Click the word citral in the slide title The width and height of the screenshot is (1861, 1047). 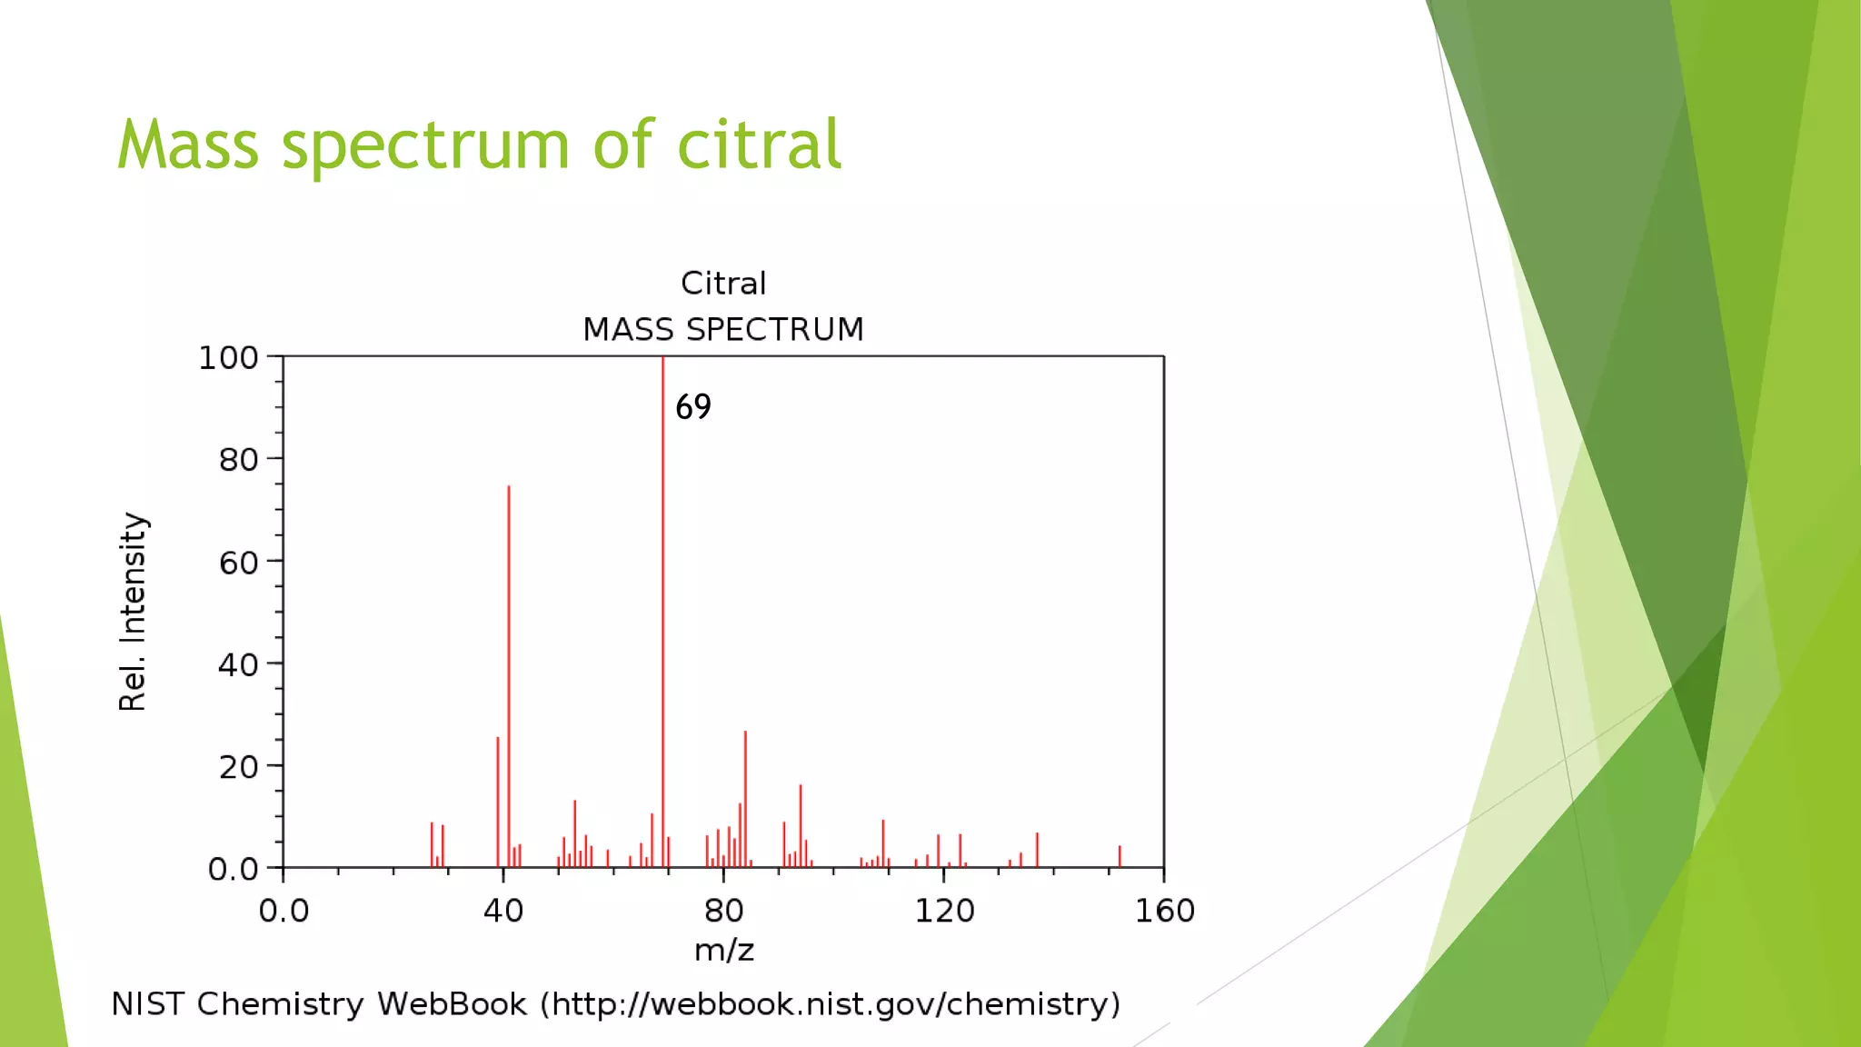pos(760,145)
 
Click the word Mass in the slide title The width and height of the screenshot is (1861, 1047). pos(188,145)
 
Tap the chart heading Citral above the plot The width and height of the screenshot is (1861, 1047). pos(723,284)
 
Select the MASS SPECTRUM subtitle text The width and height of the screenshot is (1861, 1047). pos(723,329)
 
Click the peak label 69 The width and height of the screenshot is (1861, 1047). pos(693,407)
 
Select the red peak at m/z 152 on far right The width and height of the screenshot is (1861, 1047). pos(1120,856)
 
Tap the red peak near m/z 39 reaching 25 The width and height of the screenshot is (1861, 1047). pos(498,800)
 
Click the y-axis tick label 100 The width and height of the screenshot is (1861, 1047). pos(228,358)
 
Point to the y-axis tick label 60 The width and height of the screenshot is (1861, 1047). pos(238,563)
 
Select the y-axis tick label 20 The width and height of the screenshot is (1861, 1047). pos(238,768)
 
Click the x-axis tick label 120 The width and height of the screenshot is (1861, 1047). pos(944,911)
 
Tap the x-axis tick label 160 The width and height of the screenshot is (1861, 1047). pos(1164,911)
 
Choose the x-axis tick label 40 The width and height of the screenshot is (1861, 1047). pos(503,911)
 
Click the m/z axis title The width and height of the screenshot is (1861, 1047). pos(723,951)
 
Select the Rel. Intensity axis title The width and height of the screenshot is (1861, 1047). pos(133,611)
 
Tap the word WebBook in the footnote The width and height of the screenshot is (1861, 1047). pos(452,1004)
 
